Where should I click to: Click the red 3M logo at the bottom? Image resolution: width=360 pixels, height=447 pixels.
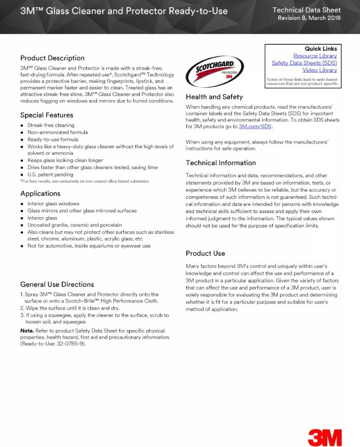tap(325, 437)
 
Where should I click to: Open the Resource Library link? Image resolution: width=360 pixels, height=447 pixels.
tap(315, 56)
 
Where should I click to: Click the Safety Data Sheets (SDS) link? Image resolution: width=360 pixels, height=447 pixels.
tap(304, 63)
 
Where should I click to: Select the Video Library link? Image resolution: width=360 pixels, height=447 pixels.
tap(319, 70)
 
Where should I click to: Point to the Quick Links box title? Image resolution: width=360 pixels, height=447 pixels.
tap(320, 49)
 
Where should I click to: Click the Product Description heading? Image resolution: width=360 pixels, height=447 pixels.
tap(53, 58)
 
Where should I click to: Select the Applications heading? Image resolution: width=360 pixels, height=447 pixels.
tap(40, 194)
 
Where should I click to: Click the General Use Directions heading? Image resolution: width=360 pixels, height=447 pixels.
tap(57, 284)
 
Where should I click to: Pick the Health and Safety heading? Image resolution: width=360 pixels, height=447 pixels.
tap(214, 97)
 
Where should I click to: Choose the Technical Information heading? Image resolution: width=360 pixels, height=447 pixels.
tap(221, 163)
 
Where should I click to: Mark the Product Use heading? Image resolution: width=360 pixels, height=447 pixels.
tap(205, 253)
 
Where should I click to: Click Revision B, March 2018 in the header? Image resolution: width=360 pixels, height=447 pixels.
tap(309, 18)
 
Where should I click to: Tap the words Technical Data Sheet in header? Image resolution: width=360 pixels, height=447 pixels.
tap(306, 10)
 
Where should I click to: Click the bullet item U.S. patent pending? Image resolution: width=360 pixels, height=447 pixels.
tap(51, 175)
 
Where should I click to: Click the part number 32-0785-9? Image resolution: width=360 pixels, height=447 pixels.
tap(70, 344)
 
